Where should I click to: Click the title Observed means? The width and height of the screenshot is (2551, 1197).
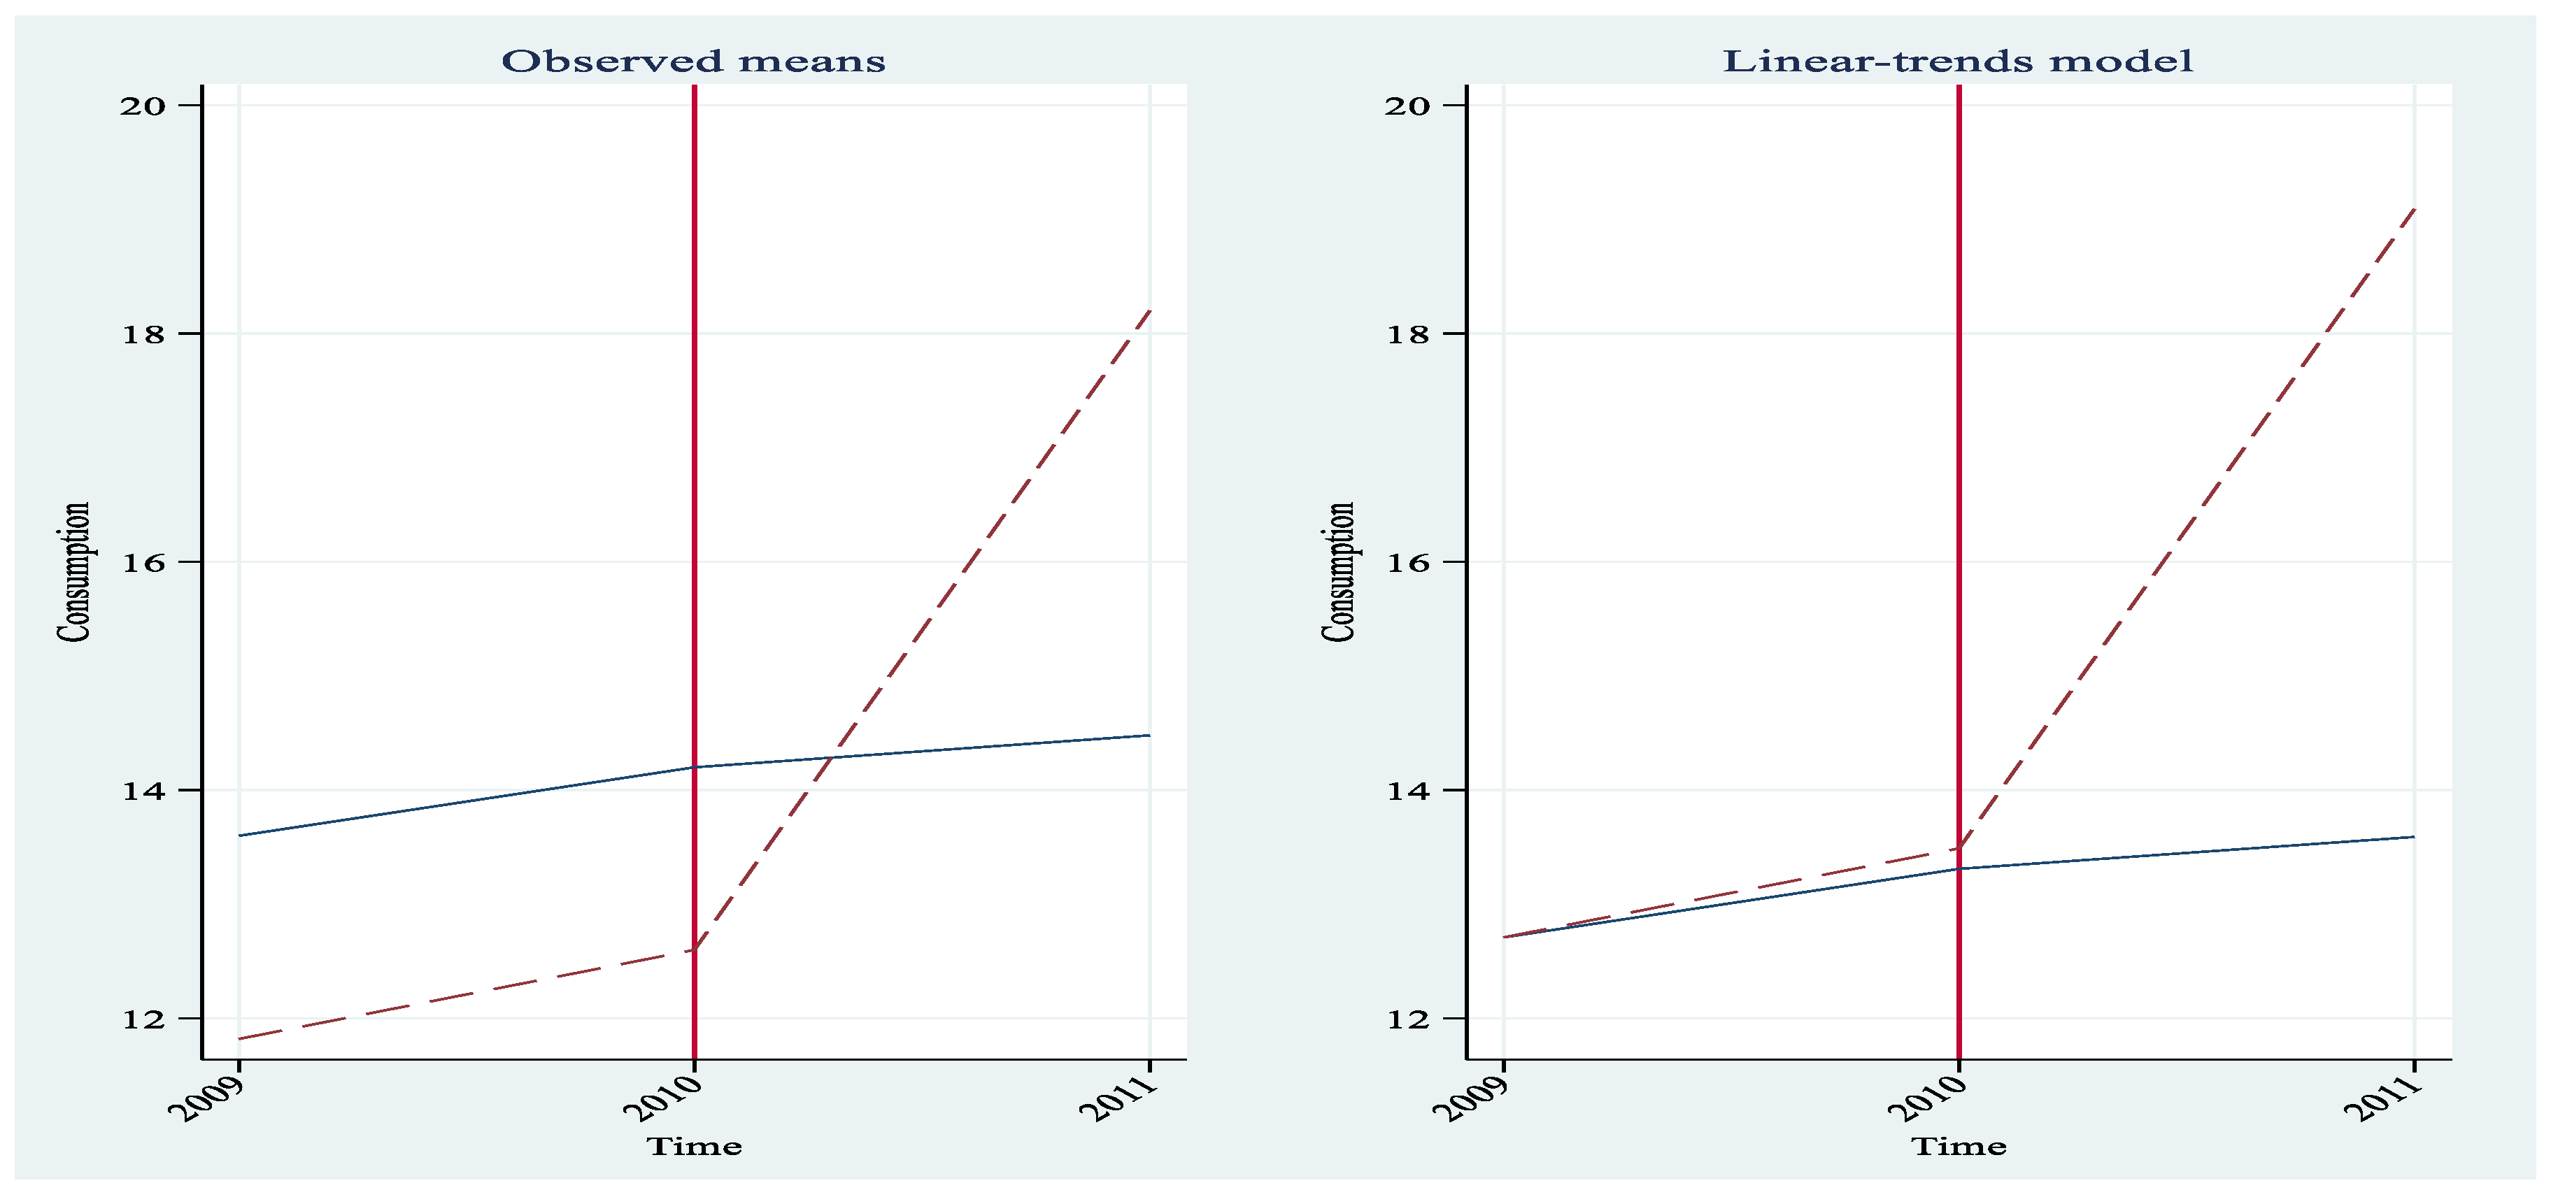[x=693, y=62]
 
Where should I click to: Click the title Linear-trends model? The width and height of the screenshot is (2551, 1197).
[x=1958, y=62]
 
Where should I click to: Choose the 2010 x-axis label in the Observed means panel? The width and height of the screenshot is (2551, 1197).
[x=664, y=1097]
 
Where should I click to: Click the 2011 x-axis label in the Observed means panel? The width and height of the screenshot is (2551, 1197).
[x=1120, y=1097]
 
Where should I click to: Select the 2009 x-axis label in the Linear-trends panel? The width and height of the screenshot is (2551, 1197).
[x=1475, y=1097]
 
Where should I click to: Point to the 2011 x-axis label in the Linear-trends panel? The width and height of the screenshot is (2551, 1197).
[x=2385, y=1097]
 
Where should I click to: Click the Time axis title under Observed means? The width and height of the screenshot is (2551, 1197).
[x=694, y=1147]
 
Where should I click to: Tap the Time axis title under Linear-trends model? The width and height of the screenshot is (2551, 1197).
[x=1959, y=1147]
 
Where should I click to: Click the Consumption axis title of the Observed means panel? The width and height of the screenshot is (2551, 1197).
[x=74, y=572]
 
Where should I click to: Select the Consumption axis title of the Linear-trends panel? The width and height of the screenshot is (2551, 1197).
[x=1339, y=572]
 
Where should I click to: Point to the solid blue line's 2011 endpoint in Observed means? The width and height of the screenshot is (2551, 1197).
[x=1149, y=736]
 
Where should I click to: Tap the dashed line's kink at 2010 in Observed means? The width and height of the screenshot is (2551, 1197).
[x=694, y=949]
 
